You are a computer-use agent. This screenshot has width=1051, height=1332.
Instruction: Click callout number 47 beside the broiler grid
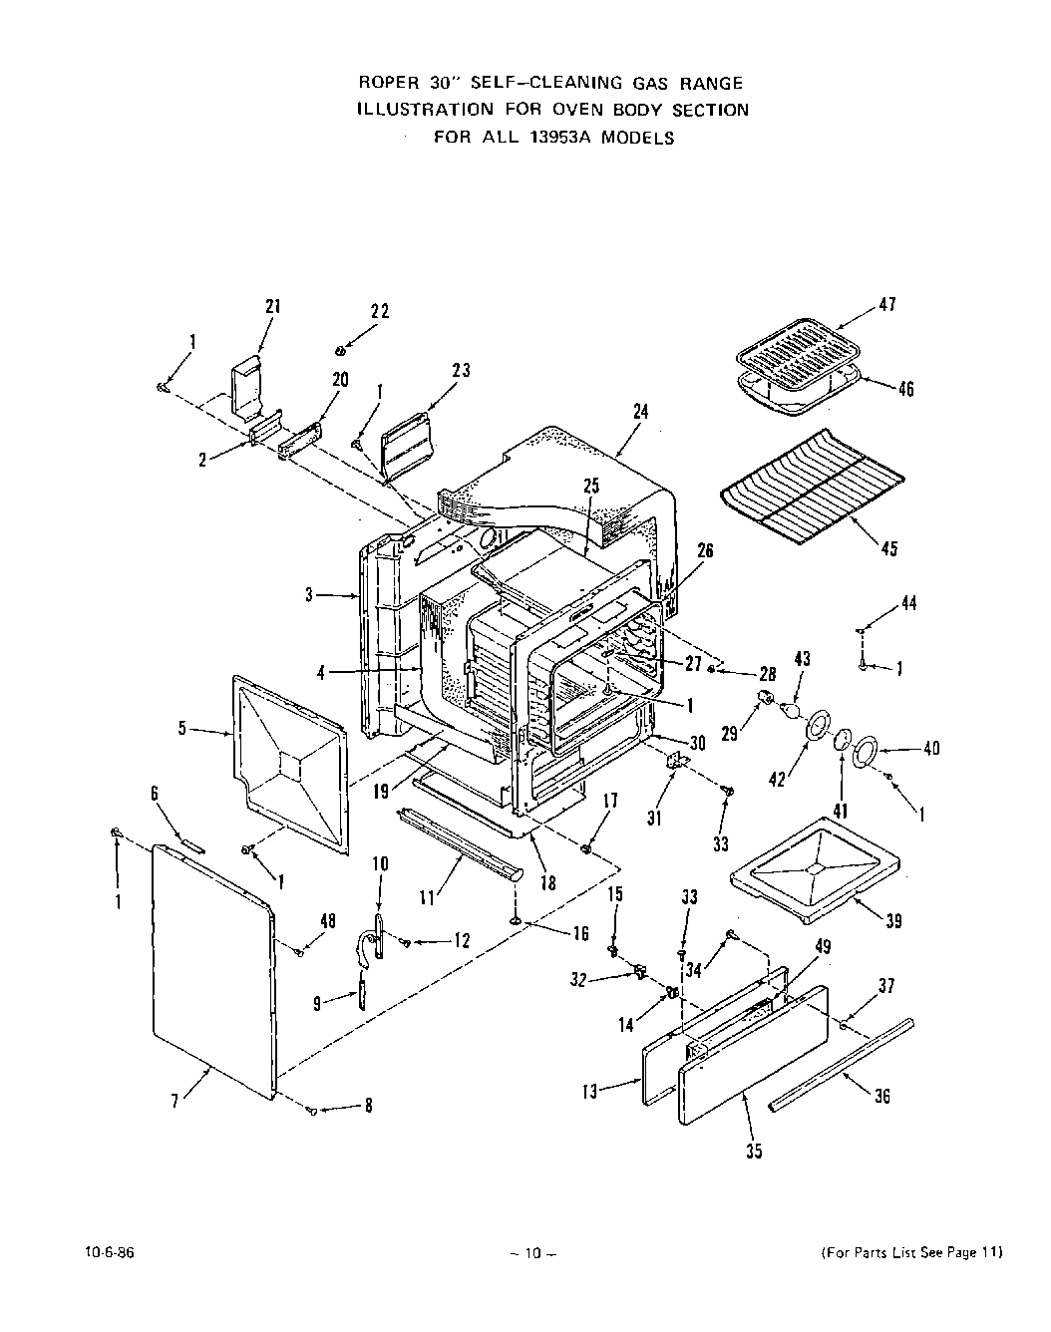point(886,305)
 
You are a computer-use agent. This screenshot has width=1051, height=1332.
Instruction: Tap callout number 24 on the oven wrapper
point(640,410)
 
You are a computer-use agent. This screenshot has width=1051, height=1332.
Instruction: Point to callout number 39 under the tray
point(893,921)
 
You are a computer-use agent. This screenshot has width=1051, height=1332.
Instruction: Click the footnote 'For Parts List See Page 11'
point(910,1253)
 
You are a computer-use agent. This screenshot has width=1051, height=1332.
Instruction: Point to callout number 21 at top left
point(273,307)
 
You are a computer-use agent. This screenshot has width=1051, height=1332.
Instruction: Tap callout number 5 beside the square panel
point(182,728)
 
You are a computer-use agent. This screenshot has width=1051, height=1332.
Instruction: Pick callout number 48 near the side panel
point(328,920)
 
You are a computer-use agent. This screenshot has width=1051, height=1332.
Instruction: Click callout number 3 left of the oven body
point(310,595)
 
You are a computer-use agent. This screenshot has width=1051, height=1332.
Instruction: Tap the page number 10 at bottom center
point(531,1254)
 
